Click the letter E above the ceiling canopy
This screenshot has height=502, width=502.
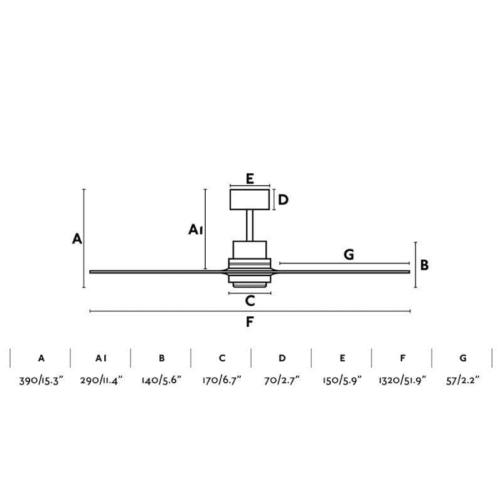tap(250, 179)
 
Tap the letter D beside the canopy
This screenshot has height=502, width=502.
tap(284, 200)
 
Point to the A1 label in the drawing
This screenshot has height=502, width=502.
tap(196, 230)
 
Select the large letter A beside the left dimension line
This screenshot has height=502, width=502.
tap(77, 239)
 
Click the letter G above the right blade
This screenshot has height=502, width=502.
tap(349, 255)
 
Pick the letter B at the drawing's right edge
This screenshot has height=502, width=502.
tap(424, 265)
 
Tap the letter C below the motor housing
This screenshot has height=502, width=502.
tap(250, 301)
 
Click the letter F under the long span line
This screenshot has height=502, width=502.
tap(250, 322)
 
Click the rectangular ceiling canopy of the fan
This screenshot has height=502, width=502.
tap(250, 200)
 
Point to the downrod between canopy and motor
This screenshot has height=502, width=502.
tap(250, 225)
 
